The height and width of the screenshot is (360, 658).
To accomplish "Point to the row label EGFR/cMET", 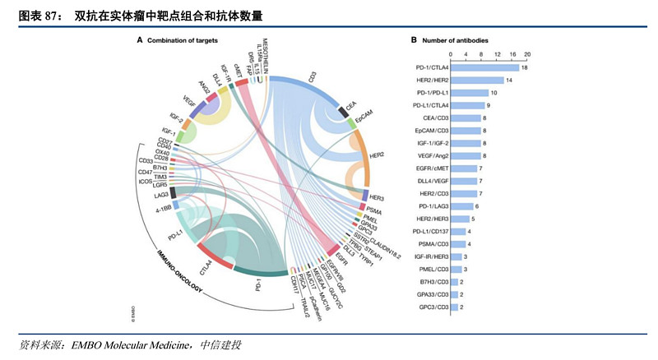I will (429, 168).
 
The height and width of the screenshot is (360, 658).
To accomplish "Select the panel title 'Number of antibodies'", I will (455, 39).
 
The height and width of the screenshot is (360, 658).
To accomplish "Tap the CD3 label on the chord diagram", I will (312, 76).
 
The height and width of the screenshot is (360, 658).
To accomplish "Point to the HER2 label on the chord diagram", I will (378, 155).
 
